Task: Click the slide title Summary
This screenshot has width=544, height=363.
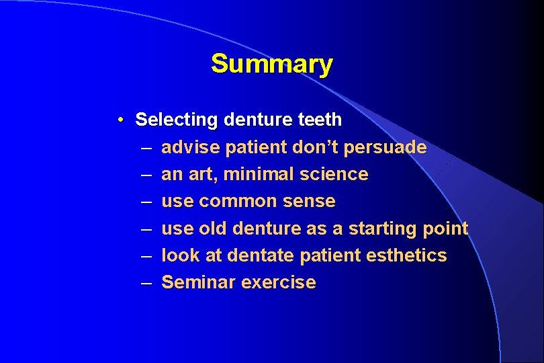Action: point(271,64)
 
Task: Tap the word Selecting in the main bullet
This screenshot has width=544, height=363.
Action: point(177,120)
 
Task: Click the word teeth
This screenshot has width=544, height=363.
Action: point(319,120)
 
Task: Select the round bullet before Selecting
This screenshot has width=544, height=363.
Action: point(118,120)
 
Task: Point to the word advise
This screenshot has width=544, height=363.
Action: point(191,147)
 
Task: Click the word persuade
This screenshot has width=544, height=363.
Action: point(391,147)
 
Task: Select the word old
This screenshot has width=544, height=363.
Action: point(214,229)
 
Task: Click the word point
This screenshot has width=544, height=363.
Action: point(445,229)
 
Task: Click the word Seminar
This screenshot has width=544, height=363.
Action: point(199,282)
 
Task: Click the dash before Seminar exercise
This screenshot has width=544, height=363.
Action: point(146,282)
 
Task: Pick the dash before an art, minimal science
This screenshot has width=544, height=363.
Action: point(146,174)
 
